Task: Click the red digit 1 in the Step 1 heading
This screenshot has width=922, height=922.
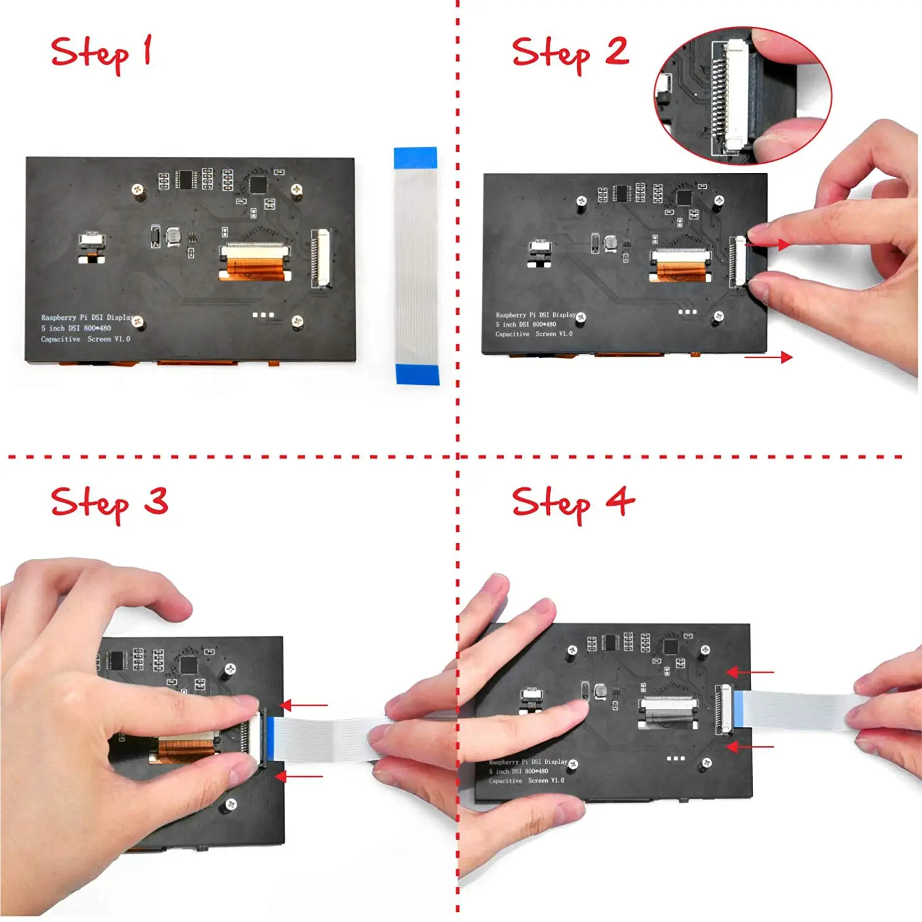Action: (147, 50)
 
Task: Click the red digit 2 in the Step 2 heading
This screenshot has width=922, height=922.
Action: (617, 51)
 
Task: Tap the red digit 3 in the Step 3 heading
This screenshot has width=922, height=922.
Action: (156, 501)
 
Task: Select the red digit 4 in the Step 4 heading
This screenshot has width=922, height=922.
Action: (620, 501)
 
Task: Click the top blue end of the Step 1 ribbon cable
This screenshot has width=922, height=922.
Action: (416, 157)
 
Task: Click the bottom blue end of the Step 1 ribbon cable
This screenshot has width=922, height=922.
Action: (417, 374)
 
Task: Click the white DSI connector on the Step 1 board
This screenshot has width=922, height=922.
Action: (321, 258)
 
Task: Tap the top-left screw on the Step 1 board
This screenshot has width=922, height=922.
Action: (138, 189)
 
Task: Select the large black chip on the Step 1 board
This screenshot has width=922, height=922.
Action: (258, 184)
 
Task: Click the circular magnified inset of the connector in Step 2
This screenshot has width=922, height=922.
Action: (743, 95)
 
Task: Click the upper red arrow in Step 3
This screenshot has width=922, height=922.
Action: (304, 705)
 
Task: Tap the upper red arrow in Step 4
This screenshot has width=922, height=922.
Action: (749, 672)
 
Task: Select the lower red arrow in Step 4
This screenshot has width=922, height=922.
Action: (749, 747)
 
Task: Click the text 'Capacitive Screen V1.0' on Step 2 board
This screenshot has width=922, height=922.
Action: (534, 334)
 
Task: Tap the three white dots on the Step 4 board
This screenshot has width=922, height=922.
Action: (676, 758)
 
